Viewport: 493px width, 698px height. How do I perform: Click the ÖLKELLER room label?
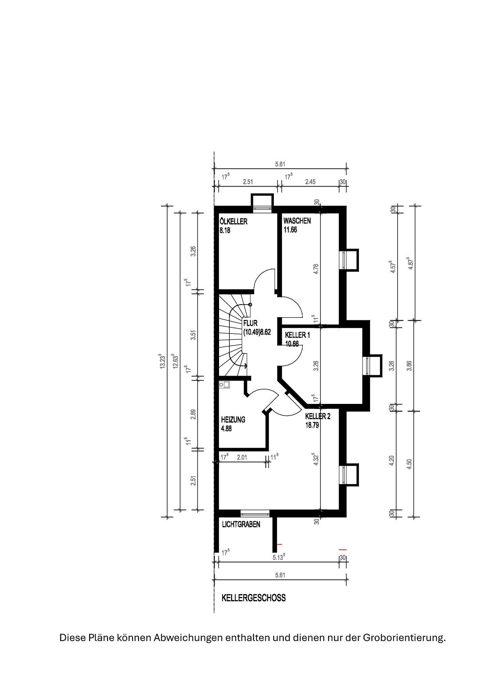point(233,222)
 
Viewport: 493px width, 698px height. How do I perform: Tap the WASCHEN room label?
point(297,221)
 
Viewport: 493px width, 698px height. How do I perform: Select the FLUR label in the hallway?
point(250,324)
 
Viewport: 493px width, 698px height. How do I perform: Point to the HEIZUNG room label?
point(233,419)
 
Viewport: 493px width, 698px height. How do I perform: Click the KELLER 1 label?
point(297,335)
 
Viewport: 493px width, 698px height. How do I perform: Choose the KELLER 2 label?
point(318,417)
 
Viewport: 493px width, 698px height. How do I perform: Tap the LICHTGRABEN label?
point(241,524)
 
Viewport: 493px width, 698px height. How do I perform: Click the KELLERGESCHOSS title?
point(254,598)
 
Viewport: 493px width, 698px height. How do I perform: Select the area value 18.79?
point(312,425)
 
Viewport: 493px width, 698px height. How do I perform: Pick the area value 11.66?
point(290,230)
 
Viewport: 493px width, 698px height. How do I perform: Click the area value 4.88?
point(226,429)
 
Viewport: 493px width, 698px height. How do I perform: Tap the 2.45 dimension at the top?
point(310,182)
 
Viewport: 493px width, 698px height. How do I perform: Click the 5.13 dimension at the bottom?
point(279,557)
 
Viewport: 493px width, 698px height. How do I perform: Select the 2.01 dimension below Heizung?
point(242,458)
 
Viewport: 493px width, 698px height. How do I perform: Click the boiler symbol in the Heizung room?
point(224,385)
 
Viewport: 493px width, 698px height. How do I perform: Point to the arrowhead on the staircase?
point(246,366)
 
